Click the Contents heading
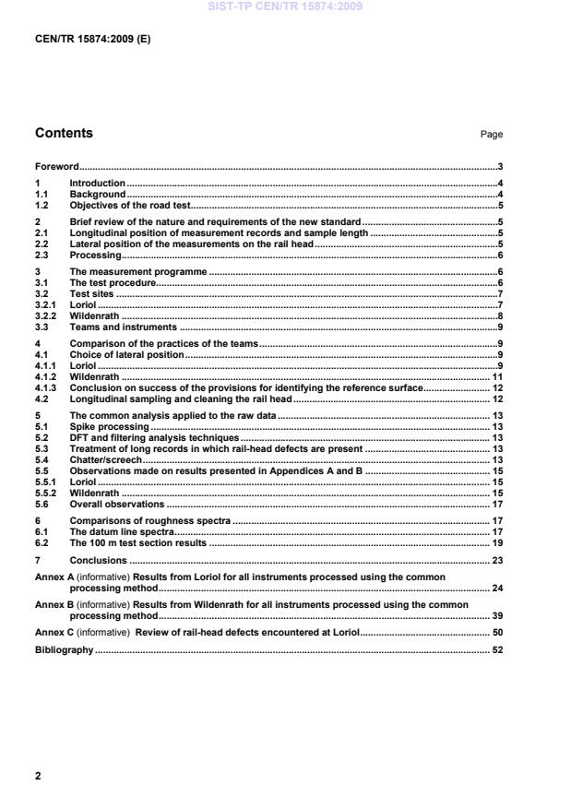tap(64, 133)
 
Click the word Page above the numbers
tap(491, 135)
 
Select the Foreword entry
tap(56, 167)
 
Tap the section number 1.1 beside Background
tap(42, 195)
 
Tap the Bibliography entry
tap(64, 650)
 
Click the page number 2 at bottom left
tap(38, 776)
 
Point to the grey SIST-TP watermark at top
tap(285, 6)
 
